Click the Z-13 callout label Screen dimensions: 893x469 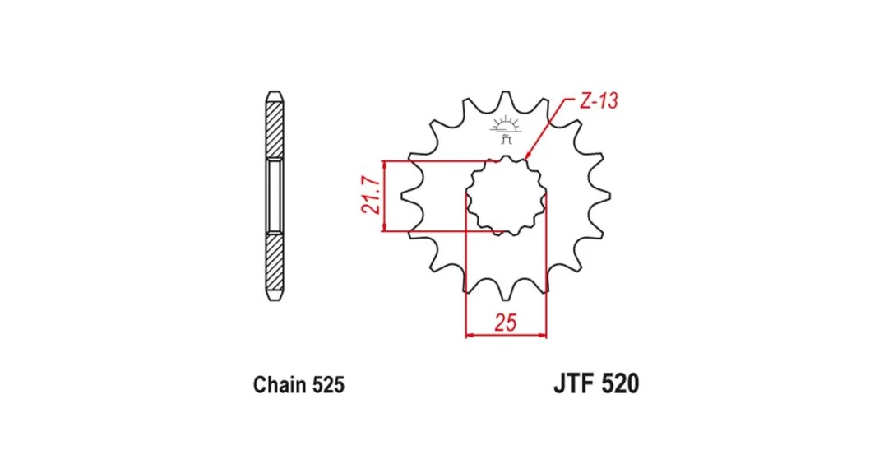pyautogui.click(x=599, y=101)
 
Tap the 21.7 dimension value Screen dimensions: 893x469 pyautogui.click(x=371, y=195)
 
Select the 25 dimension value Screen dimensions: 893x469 pyautogui.click(x=505, y=323)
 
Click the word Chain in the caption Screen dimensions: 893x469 pyautogui.click(x=279, y=385)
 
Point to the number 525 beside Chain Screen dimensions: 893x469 pyautogui.click(x=328, y=385)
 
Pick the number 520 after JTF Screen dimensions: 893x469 pyautogui.click(x=620, y=384)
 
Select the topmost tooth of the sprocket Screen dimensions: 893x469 pyautogui.click(x=506, y=98)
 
